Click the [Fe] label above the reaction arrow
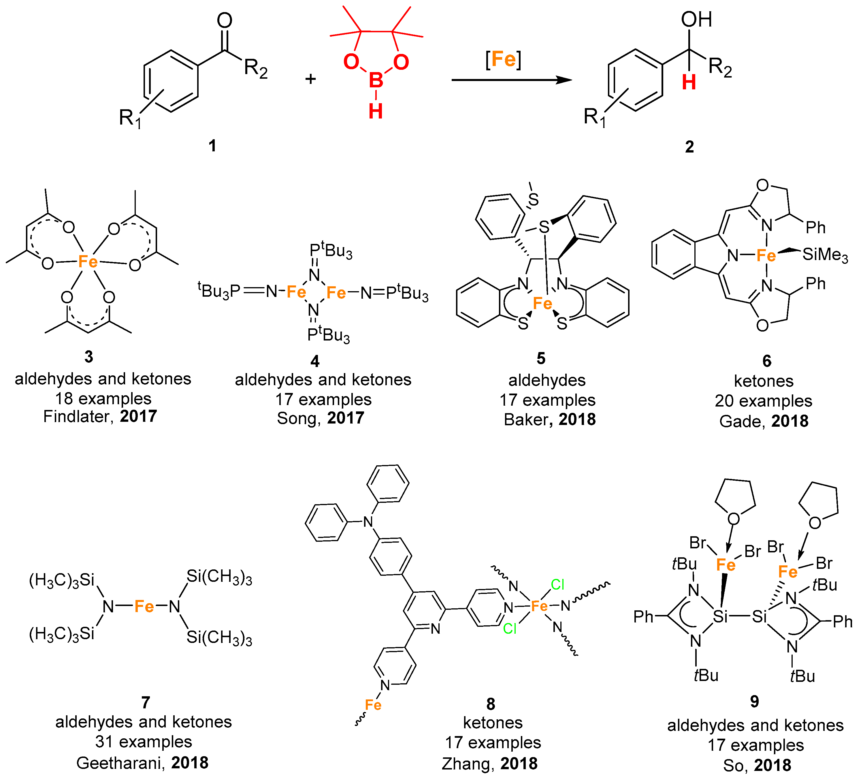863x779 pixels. [x=503, y=59]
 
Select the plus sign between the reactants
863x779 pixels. [x=311, y=79]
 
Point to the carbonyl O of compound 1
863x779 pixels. [x=224, y=20]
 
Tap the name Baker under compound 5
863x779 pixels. [x=525, y=420]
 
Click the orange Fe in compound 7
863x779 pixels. [x=144, y=607]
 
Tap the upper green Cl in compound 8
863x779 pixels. [x=557, y=585]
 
